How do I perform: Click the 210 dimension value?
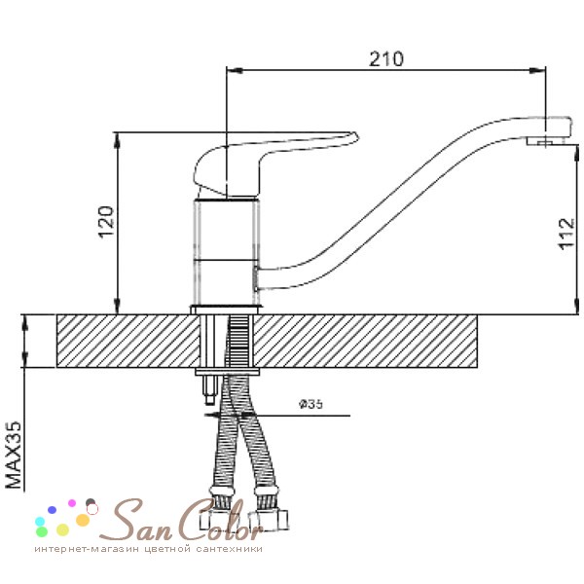click(386, 58)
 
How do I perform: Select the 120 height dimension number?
click(105, 221)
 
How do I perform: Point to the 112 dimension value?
click(566, 234)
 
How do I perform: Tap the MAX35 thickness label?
click(14, 455)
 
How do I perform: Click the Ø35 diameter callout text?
click(311, 404)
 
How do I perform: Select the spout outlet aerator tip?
click(545, 141)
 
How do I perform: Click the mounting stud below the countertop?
click(209, 389)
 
